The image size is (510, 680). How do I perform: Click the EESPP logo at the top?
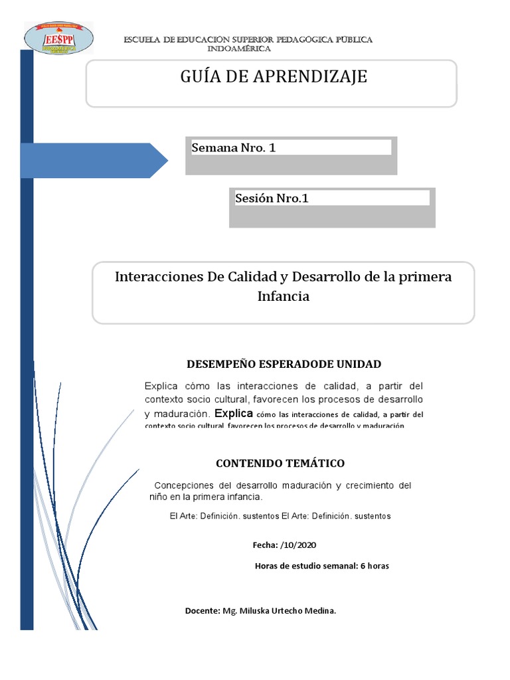(58, 38)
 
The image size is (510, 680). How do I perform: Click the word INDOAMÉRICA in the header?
(239, 49)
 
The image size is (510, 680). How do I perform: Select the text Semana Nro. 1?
(233, 148)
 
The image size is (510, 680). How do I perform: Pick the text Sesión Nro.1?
(272, 198)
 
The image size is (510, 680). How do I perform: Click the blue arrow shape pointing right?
(94, 161)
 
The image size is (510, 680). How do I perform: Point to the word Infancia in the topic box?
(283, 296)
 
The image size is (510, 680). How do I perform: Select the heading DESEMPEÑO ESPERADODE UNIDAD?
(284, 364)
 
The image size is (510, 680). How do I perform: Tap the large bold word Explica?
(235, 412)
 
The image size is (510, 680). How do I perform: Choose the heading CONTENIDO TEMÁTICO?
(280, 463)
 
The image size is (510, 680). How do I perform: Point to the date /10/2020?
(299, 545)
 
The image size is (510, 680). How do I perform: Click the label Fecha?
(265, 545)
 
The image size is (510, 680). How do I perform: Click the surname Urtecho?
(290, 610)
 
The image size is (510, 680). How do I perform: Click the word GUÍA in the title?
(199, 77)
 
